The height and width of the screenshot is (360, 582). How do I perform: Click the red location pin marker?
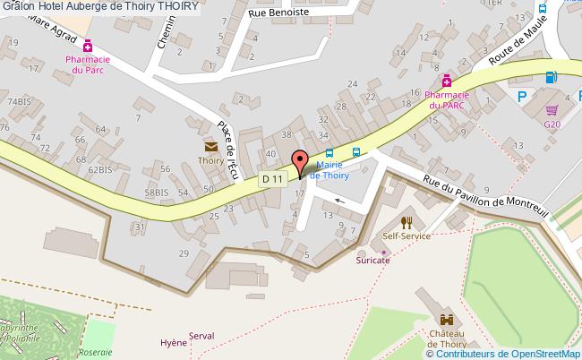[x=301, y=162]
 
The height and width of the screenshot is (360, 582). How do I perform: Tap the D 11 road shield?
[x=273, y=179]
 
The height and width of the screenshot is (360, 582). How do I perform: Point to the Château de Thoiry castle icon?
[x=445, y=320]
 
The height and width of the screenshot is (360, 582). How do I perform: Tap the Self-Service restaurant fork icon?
[x=406, y=221]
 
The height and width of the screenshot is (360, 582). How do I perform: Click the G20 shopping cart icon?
[x=552, y=109]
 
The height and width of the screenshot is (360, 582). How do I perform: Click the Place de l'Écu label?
[x=229, y=148]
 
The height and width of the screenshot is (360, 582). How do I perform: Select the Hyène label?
[x=173, y=343]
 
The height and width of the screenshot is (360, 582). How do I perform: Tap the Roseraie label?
[x=96, y=352]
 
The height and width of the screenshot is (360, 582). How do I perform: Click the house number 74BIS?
[x=19, y=102]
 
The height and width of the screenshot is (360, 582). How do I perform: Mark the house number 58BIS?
[x=156, y=192]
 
